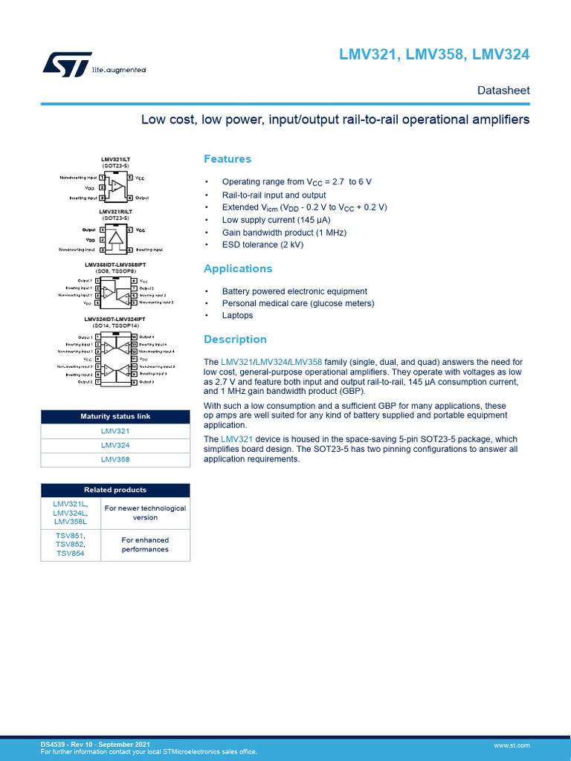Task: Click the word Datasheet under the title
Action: (x=503, y=90)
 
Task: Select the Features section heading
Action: (x=228, y=159)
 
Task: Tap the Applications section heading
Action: (x=238, y=268)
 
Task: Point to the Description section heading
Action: (x=235, y=340)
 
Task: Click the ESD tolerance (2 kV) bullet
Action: (x=262, y=245)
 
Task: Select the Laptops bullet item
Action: (x=237, y=315)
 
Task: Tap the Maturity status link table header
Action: (x=115, y=416)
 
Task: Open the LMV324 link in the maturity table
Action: (x=115, y=445)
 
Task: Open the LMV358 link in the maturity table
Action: (x=115, y=460)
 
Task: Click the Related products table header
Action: (x=115, y=490)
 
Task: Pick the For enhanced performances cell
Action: (x=145, y=545)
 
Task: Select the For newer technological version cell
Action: (x=145, y=513)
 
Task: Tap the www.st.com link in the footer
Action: (x=512, y=745)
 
